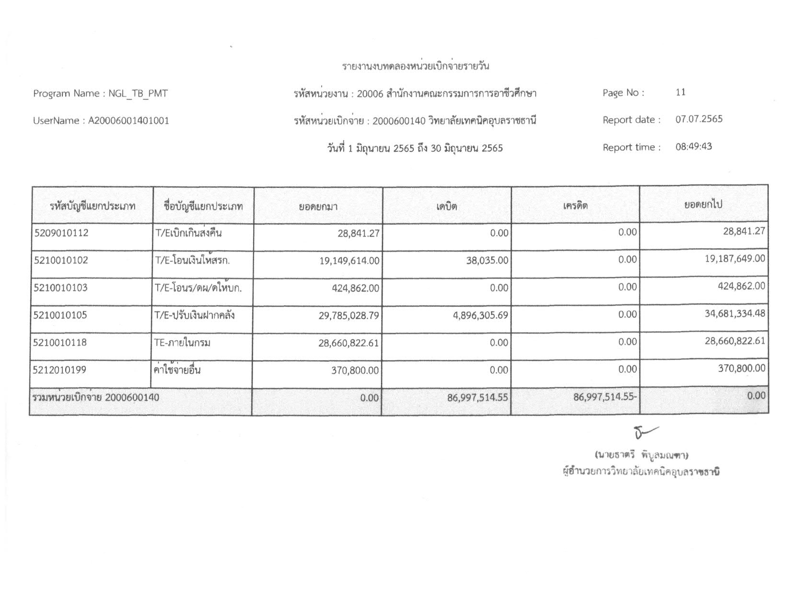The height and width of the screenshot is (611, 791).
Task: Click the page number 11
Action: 680,92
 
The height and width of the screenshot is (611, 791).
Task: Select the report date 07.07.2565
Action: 698,119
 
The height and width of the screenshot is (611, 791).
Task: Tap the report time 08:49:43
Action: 694,147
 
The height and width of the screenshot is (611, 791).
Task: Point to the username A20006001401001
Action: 128,121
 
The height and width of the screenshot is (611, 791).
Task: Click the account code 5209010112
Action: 61,233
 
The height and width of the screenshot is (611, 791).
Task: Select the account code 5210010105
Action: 61,315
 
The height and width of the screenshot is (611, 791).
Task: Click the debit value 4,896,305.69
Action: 480,315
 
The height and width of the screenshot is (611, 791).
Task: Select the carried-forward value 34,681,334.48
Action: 735,313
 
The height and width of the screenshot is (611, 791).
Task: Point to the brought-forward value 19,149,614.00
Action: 349,261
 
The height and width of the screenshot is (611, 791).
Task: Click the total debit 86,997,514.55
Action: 477,397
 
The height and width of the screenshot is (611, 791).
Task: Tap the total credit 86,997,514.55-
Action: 605,396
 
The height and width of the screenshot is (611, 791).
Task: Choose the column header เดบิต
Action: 446,207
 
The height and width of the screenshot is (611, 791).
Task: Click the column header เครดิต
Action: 575,206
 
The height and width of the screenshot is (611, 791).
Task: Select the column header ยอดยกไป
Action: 703,205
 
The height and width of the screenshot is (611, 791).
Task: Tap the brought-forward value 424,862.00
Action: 355,288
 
